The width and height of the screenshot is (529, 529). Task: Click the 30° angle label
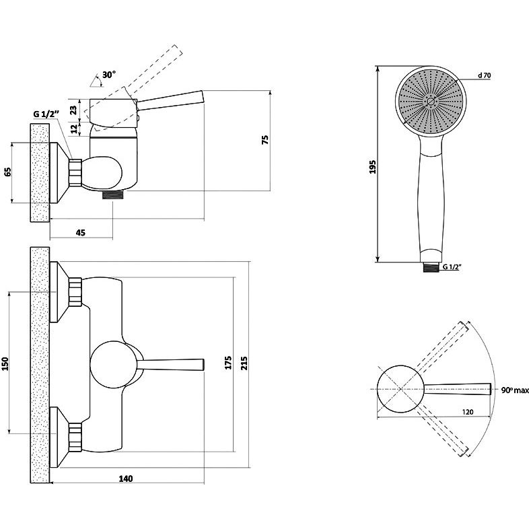click(108, 75)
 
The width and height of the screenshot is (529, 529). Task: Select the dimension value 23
click(73, 110)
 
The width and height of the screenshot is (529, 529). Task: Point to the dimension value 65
click(7, 172)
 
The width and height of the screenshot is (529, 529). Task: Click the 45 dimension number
click(81, 232)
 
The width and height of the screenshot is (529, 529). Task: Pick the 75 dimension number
click(265, 140)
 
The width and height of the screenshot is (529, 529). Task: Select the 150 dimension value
click(5, 363)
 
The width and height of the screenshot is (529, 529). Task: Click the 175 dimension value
click(228, 363)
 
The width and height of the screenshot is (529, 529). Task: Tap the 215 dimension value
click(244, 363)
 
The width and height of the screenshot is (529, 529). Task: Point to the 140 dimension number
click(125, 479)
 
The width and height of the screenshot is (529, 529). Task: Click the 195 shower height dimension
click(372, 167)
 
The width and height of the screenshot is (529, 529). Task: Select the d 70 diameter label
click(484, 75)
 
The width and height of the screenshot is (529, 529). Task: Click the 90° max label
click(515, 390)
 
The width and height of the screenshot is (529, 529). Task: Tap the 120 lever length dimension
click(468, 412)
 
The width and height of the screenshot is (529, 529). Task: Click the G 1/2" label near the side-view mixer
click(46, 114)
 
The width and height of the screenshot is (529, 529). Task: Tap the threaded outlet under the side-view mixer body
click(113, 195)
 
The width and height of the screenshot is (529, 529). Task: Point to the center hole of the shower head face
click(431, 101)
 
